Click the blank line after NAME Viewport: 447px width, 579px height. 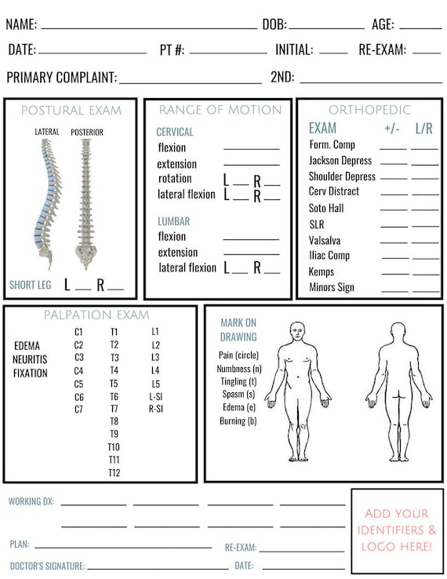(x=149, y=28)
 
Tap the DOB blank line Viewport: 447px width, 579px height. (x=327, y=28)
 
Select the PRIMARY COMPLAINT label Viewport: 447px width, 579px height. (x=62, y=78)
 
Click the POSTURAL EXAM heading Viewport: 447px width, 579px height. (x=71, y=111)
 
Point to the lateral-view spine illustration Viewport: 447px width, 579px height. (x=48, y=203)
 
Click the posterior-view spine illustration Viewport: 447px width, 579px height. (x=86, y=203)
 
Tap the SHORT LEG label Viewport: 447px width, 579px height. (x=31, y=285)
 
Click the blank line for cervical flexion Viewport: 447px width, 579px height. (x=252, y=149)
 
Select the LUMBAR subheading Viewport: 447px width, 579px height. (x=174, y=221)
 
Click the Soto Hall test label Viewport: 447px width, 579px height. (x=326, y=208)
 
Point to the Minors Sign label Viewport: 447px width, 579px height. (x=332, y=287)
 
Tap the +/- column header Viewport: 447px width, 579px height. (x=392, y=129)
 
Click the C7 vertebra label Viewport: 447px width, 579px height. (x=78, y=409)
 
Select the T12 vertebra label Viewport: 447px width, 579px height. (x=114, y=472)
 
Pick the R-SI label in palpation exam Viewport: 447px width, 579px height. (x=156, y=409)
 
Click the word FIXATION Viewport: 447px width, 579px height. (x=31, y=373)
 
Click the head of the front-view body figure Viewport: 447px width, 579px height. (x=297, y=332)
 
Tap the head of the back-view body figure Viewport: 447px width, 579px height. (x=398, y=332)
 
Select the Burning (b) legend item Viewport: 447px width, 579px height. (x=238, y=421)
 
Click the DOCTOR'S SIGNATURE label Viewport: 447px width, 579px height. (x=48, y=566)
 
